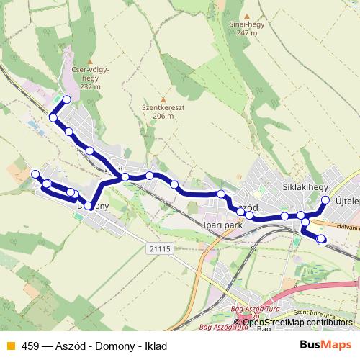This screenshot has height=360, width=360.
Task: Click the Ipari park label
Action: click(224, 225)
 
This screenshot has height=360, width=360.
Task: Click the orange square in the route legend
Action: click(10, 346)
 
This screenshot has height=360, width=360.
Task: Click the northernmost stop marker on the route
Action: click(67, 100)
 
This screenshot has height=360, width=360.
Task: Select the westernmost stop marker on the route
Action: click(35, 174)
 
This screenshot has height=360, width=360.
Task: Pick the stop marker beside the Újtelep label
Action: click(325, 200)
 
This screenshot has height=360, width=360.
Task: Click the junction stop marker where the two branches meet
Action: click(125, 177)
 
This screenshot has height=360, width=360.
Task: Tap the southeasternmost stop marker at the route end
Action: click(321, 239)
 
